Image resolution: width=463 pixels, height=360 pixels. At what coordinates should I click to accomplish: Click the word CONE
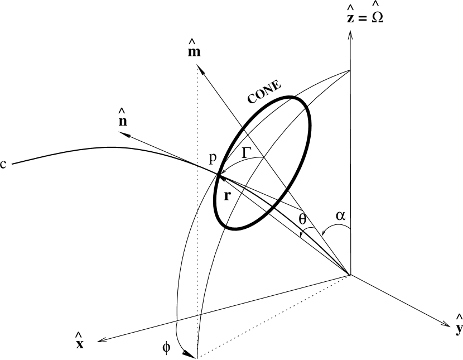click(x=266, y=93)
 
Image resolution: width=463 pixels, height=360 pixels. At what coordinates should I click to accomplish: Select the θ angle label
click(x=303, y=220)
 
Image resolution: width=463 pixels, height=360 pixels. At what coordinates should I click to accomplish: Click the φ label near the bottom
click(x=167, y=347)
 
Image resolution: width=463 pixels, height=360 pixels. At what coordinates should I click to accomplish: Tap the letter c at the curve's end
click(x=4, y=165)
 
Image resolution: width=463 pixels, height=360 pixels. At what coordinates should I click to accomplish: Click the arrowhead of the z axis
click(x=350, y=33)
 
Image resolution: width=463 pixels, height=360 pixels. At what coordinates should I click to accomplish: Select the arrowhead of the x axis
click(x=99, y=340)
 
